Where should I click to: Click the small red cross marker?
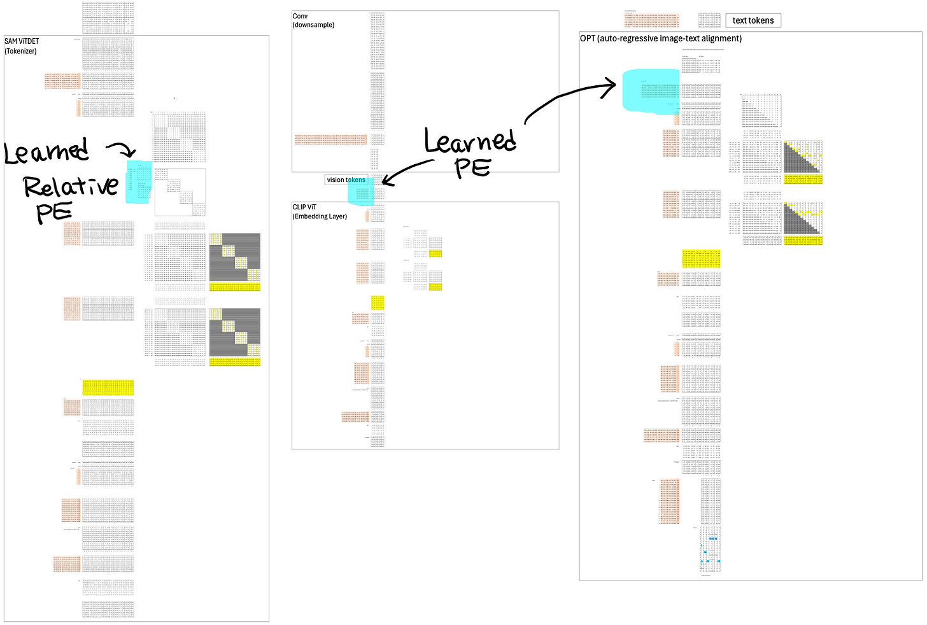point(174,98)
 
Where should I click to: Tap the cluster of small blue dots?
point(710,554)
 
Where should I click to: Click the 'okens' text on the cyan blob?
point(357,180)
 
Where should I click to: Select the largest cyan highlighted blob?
point(649,90)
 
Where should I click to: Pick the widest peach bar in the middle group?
point(331,139)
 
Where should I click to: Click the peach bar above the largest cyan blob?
point(651,20)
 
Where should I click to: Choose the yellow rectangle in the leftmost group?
point(108,388)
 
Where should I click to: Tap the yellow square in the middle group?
point(378,302)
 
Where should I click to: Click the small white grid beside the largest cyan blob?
point(710,66)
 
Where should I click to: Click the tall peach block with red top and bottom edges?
point(669,502)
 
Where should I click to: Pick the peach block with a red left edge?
point(668,279)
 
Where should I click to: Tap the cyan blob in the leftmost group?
point(139,181)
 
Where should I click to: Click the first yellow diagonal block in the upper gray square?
point(215,239)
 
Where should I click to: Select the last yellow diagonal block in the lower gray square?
point(253,350)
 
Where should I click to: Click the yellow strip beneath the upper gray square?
point(235,287)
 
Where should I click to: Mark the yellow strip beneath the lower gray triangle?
point(803,241)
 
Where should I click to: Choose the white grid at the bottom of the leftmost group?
point(108,587)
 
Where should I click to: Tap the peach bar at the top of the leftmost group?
point(62,81)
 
